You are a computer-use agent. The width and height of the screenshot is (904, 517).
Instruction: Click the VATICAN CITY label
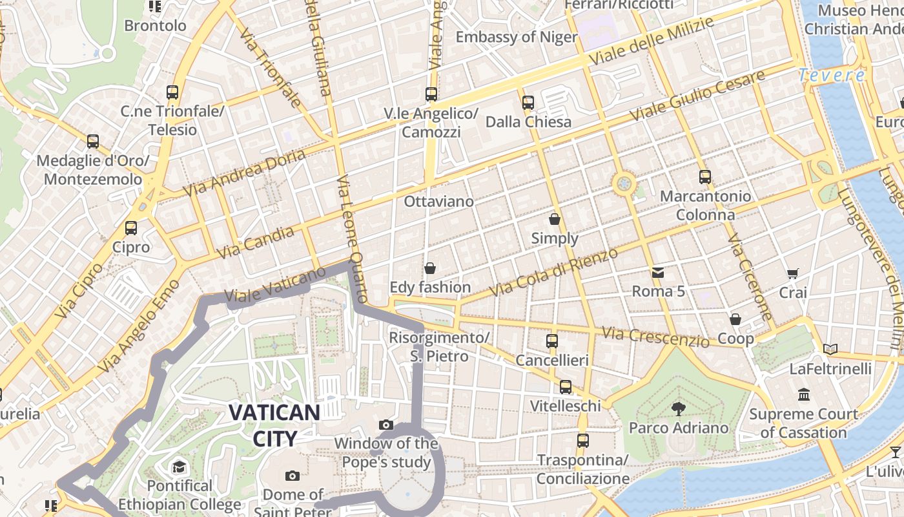274,425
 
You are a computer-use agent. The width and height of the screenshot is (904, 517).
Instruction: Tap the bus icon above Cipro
131,228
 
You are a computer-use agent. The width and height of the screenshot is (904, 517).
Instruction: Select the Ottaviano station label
438,202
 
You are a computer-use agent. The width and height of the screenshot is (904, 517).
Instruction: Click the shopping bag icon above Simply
555,219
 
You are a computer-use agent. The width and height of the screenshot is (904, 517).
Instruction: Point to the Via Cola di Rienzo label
553,273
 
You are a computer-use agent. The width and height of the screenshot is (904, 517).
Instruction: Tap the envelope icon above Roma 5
657,272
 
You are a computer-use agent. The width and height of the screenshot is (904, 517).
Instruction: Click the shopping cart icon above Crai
793,274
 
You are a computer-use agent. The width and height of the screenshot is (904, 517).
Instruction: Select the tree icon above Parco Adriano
678,408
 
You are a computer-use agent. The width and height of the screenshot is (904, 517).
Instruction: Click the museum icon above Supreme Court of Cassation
804,394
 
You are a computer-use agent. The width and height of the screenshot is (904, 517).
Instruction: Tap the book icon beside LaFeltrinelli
830,350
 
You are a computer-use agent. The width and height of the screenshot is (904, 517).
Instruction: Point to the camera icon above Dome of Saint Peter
293,476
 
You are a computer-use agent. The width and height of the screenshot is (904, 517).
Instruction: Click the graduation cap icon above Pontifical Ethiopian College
179,467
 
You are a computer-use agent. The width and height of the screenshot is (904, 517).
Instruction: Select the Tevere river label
832,76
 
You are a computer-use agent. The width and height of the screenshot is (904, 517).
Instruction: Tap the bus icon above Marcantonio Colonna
704,176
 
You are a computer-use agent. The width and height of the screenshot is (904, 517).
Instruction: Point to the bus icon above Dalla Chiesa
528,102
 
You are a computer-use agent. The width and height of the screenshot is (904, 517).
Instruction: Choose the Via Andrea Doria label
244,173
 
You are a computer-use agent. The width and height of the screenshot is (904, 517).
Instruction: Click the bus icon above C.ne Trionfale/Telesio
172,92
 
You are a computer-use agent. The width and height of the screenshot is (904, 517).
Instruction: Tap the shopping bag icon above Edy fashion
430,268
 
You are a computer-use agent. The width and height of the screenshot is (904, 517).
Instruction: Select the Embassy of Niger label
516,37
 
